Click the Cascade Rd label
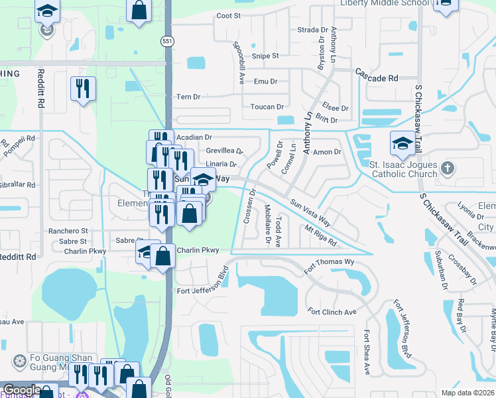tap(377, 78)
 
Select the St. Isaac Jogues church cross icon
tap(448, 168)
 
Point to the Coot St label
tap(227, 15)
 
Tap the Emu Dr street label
tap(265, 82)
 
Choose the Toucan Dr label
tap(267, 107)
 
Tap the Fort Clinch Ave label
tap(332, 312)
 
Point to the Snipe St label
tap(265, 56)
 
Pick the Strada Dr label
tap(312, 30)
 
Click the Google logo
tap(22, 391)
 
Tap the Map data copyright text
tap(468, 393)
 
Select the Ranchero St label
tap(68, 231)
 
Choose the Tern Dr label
tap(188, 97)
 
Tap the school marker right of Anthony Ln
tap(402, 143)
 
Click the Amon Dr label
tap(327, 152)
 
